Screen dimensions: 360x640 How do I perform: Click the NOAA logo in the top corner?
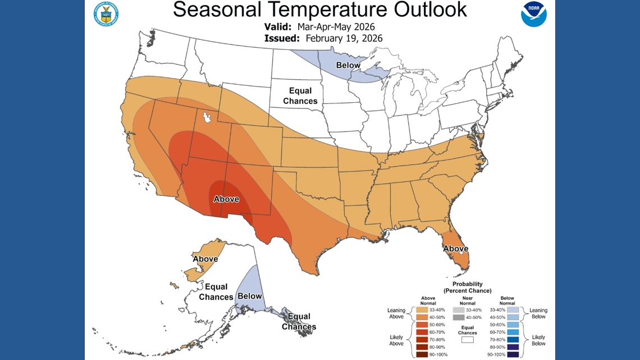click(x=533, y=14)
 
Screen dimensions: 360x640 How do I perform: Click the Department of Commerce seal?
click(x=106, y=13)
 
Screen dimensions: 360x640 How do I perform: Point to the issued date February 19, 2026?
click(x=344, y=38)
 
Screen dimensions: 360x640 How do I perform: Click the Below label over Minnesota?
click(x=348, y=66)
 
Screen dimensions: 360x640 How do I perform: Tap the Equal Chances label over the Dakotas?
click(x=300, y=96)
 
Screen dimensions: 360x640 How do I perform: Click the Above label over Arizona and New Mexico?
click(x=226, y=199)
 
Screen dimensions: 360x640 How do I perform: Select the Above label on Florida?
click(x=455, y=249)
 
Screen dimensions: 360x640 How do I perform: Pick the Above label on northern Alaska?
click(x=205, y=259)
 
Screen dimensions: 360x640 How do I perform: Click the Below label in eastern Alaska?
click(x=249, y=296)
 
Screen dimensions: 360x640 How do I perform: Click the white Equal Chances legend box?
click(x=467, y=340)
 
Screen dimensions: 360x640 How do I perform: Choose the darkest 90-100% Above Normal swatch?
click(x=420, y=354)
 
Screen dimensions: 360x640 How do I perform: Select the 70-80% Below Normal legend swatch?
click(x=511, y=339)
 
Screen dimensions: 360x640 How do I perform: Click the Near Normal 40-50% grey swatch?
click(x=459, y=318)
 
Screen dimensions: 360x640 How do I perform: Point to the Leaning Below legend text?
click(x=538, y=313)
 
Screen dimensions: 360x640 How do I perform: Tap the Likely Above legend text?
click(x=396, y=340)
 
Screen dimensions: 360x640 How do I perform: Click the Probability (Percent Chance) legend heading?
click(x=467, y=287)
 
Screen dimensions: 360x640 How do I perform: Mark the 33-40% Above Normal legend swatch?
click(x=420, y=310)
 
